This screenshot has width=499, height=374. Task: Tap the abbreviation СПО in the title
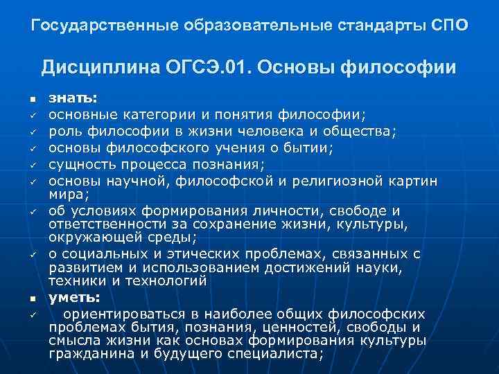point(448,26)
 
